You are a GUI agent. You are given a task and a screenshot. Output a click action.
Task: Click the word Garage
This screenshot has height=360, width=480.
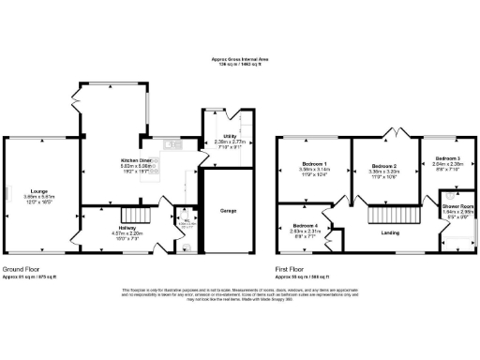pyautogui.click(x=228, y=212)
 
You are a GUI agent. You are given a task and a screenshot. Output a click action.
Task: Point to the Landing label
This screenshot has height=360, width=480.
pyautogui.click(x=379, y=233)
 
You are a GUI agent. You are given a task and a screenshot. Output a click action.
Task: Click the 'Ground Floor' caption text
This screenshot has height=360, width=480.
pyautogui.click(x=18, y=269)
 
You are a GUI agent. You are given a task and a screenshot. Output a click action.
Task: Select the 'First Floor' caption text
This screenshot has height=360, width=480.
pyautogui.click(x=287, y=269)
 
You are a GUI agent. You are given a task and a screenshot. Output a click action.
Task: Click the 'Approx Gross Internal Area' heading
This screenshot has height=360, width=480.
pyautogui.click(x=240, y=57)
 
